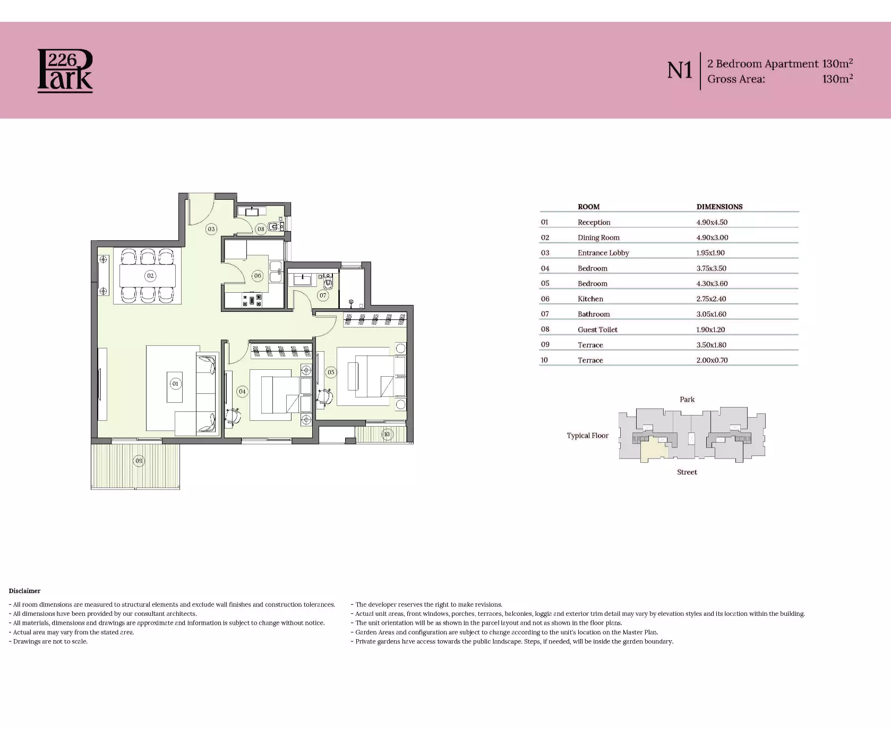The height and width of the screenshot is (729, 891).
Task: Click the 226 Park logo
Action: tap(65, 71)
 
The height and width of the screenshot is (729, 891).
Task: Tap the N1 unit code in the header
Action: tap(680, 71)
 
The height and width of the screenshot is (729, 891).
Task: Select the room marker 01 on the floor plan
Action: tap(175, 384)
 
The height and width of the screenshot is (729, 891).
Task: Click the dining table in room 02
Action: tap(147, 276)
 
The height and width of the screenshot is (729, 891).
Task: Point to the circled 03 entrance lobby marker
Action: tap(211, 229)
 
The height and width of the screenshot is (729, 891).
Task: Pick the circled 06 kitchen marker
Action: tap(258, 276)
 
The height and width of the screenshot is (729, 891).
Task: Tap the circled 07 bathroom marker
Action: tap(323, 295)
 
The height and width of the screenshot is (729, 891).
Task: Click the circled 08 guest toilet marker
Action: tap(261, 229)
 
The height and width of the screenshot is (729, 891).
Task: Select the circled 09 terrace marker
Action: tap(139, 461)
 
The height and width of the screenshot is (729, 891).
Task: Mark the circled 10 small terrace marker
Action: tap(387, 434)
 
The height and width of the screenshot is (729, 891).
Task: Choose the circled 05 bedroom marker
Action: tap(331, 372)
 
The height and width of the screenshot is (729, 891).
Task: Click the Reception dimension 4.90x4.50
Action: tap(712, 222)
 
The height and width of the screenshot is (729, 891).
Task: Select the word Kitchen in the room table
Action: tap(590, 299)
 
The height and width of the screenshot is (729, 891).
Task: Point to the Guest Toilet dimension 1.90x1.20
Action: tap(710, 329)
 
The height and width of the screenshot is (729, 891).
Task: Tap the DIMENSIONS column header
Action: tap(719, 207)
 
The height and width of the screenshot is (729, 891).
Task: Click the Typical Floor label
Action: tap(587, 436)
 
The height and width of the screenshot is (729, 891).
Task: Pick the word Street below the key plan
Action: tap(687, 472)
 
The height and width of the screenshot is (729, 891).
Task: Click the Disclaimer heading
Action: tap(24, 591)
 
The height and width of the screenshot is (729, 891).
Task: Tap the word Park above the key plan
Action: tap(687, 400)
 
